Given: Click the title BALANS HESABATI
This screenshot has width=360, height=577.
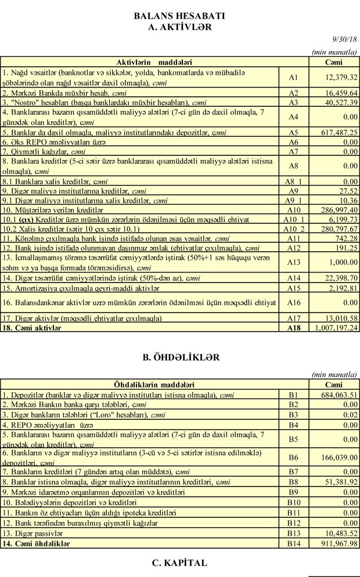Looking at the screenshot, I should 180,16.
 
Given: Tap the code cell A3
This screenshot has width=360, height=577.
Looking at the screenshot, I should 293,101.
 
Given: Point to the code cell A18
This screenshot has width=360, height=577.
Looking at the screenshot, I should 293,328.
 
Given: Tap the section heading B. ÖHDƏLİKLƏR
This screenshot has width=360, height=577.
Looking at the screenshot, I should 179,357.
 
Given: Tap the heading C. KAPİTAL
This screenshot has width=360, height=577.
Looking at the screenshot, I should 179,563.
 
